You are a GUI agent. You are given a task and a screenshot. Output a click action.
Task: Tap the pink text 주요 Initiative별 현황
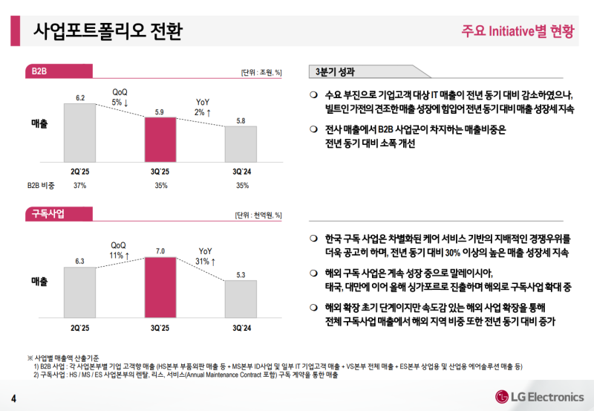518,31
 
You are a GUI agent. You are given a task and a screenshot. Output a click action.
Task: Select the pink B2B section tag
39,71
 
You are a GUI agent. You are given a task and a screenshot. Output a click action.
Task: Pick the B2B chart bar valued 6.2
80,132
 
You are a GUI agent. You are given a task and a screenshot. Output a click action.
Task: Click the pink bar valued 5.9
160,138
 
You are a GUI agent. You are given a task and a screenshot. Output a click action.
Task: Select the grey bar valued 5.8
241,143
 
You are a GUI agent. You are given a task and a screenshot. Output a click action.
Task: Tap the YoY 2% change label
203,107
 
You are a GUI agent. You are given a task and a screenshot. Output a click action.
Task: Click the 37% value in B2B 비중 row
80,186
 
